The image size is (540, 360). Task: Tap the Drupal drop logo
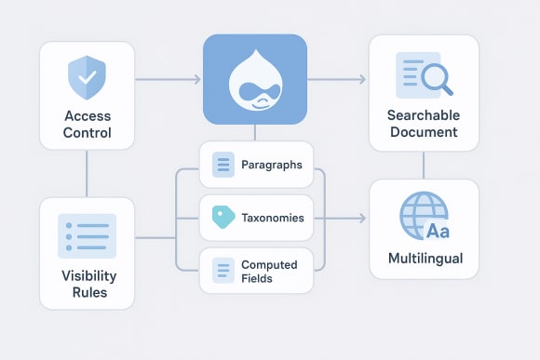coord(254,79)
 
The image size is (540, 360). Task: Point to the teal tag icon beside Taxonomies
coord(221,218)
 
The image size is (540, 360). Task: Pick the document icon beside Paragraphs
coord(223,166)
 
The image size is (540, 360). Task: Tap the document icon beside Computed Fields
coord(223,270)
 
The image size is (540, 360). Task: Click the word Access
coord(88,116)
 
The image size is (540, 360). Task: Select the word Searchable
coord(424,115)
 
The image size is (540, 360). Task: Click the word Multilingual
coord(424,257)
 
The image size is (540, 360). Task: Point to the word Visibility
coord(88,275)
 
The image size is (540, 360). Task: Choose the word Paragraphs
coord(271,166)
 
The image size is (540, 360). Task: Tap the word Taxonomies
coord(273,219)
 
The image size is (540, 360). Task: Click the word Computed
coord(268,264)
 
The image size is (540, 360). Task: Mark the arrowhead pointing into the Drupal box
coord(196,80)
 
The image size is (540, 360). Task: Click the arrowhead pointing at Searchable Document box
coord(362,80)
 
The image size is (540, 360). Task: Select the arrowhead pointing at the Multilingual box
coord(362,219)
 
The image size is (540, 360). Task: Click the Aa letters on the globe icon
coord(438,230)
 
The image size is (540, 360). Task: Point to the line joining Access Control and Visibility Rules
coord(88,173)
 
